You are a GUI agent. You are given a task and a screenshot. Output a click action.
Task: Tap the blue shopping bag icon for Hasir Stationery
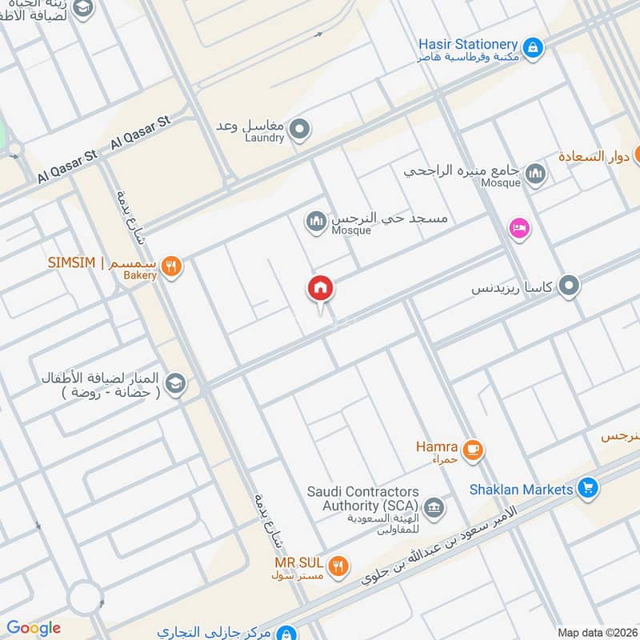tap(534, 46)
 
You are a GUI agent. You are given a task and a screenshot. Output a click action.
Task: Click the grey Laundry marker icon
tap(299, 129)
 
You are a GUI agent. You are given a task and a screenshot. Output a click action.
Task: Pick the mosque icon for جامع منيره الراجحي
tap(534, 174)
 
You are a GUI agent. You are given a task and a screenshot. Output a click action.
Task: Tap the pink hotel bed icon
tap(519, 229)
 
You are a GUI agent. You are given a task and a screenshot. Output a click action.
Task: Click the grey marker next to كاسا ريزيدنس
tap(569, 286)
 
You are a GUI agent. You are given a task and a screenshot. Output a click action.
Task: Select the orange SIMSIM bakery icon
tap(170, 266)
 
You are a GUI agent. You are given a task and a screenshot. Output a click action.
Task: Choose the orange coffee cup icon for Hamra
tap(473, 450)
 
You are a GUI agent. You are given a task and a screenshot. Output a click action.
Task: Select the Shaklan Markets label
tap(522, 489)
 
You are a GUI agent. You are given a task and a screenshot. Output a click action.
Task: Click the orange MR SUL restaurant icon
tap(339, 566)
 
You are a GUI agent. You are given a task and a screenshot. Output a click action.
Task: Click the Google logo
tap(34, 628)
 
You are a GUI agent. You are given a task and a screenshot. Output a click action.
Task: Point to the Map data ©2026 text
tap(597, 633)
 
